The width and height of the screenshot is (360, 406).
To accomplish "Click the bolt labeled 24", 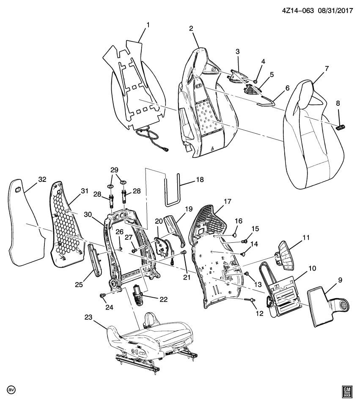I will pyautogui.click(x=102, y=295).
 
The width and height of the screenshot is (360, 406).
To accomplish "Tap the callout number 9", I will pyautogui.click(x=340, y=280).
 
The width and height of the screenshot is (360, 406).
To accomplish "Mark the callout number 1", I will pyautogui.click(x=148, y=25).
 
